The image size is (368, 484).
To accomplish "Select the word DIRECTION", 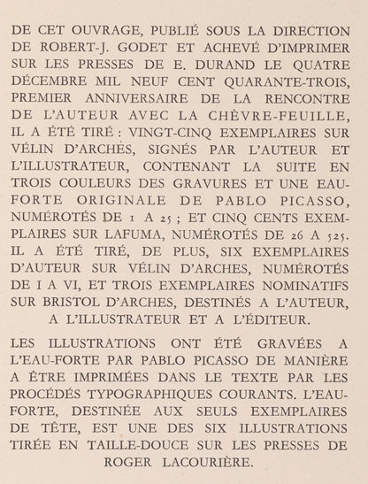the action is coord(311,28).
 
